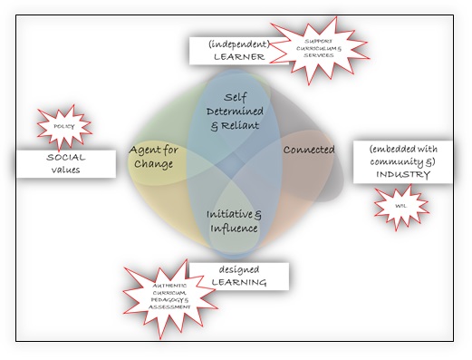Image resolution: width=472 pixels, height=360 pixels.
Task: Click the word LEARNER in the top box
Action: click(238, 56)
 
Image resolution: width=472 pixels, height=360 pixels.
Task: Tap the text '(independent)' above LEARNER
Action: click(238, 42)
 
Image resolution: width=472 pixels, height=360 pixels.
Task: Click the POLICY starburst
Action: click(64, 128)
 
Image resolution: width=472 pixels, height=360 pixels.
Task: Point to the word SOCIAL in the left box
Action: click(65, 157)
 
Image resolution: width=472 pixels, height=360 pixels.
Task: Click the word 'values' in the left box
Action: click(65, 169)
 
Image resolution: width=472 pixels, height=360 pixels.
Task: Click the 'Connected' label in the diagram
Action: click(309, 149)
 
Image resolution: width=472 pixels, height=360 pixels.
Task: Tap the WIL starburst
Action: click(400, 206)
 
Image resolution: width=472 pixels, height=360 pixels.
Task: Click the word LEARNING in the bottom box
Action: click(238, 283)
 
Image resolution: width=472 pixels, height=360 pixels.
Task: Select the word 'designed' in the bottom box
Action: click(238, 268)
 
